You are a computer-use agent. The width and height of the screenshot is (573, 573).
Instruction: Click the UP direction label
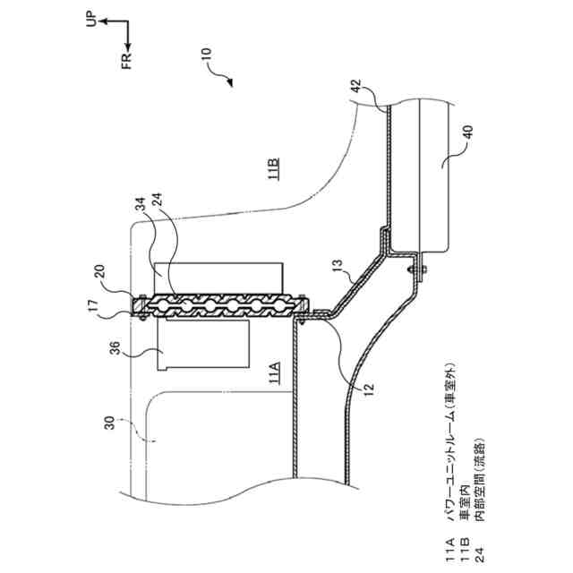pos(91,20)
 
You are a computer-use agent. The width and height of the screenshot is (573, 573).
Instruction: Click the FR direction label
pos(126,62)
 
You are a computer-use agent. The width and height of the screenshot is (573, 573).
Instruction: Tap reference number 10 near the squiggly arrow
pos(207,54)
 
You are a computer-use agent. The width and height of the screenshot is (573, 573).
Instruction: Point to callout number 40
pos(467,133)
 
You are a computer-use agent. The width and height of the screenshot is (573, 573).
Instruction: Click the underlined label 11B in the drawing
pos(274,168)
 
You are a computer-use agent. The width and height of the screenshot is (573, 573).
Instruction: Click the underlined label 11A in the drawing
pos(274,373)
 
